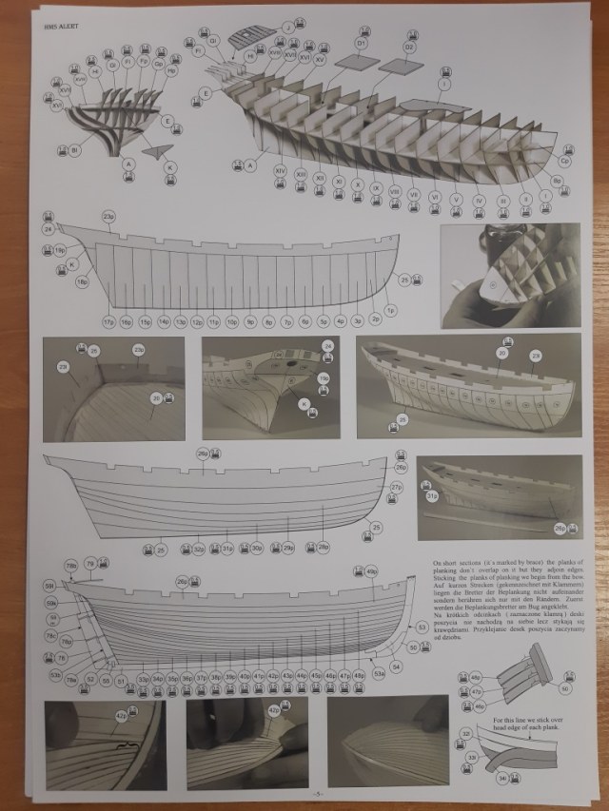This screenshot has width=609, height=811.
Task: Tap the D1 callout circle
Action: click(362, 43)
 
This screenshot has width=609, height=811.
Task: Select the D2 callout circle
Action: click(410, 47)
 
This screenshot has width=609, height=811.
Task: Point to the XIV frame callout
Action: click(280, 169)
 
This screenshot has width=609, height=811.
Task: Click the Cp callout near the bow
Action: click(564, 161)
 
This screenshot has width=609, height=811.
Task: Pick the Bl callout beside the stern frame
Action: click(74, 150)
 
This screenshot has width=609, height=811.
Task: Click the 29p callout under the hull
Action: click(287, 548)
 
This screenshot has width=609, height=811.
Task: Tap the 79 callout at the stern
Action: click(89, 565)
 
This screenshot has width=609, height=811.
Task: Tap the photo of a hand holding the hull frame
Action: click(510, 275)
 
